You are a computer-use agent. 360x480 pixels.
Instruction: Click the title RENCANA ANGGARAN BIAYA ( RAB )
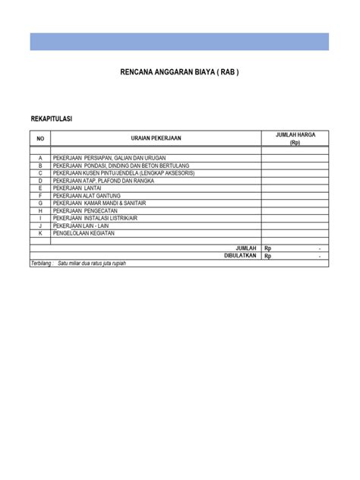tap(180, 74)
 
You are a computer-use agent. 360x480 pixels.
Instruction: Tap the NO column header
tap(41, 138)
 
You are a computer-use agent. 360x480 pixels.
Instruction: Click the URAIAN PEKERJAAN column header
tap(156, 138)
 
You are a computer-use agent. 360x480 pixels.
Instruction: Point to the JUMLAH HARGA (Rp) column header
tap(295, 138)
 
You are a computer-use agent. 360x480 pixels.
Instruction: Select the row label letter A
tap(41, 158)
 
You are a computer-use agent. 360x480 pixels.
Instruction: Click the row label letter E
tap(41, 188)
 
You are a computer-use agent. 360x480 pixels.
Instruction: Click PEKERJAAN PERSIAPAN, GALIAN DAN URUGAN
tap(109, 158)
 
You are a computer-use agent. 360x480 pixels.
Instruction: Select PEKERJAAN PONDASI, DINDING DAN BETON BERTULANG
tap(120, 166)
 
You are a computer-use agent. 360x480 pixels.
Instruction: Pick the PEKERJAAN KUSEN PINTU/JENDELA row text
tap(121, 173)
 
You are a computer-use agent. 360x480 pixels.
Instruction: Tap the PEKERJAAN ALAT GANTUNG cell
tap(87, 196)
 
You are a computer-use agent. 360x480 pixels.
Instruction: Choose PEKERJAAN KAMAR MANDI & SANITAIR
tap(99, 203)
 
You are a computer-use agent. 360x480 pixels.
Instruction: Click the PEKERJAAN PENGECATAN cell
tap(86, 210)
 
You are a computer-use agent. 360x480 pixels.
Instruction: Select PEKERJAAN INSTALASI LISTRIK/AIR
tap(95, 218)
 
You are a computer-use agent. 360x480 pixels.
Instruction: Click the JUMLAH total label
tap(246, 248)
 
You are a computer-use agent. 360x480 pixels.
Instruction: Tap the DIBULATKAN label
tap(241, 256)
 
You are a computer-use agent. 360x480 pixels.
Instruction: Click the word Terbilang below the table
tap(43, 264)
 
